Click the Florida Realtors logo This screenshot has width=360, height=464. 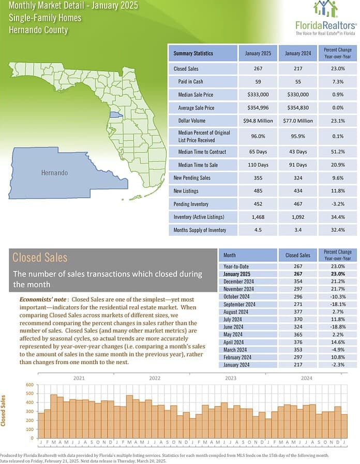pyautogui.click(x=326, y=18)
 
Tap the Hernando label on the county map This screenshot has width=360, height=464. pyautogui.click(x=54, y=173)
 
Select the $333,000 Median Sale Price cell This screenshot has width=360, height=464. pyautogui.click(x=258, y=95)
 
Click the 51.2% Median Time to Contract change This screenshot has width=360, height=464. pyautogui.click(x=338, y=152)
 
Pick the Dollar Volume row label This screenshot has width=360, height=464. pyautogui.click(x=192, y=121)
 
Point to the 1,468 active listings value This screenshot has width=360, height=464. pyautogui.click(x=258, y=217)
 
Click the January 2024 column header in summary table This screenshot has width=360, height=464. pyautogui.click(x=298, y=53)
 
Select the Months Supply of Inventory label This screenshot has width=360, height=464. pyautogui.click(x=200, y=230)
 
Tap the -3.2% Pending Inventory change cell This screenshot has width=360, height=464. pyautogui.click(x=338, y=204)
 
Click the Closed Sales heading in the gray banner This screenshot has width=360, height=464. pyautogui.click(x=40, y=258)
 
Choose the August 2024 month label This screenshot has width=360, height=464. pyautogui.click(x=236, y=312)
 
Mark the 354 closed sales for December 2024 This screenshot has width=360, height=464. pyautogui.click(x=298, y=281)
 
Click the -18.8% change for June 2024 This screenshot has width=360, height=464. pyautogui.click(x=338, y=327)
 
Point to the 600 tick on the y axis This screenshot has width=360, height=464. pyautogui.click(x=30, y=385)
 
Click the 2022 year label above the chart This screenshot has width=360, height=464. pyautogui.click(x=155, y=378)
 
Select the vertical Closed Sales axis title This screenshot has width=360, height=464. pyautogui.click(x=3, y=410)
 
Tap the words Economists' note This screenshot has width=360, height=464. pyautogui.click(x=43, y=300)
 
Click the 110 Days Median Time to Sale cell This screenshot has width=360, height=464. pyautogui.click(x=258, y=165)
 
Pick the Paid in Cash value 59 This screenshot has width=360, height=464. pyautogui.click(x=258, y=82)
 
